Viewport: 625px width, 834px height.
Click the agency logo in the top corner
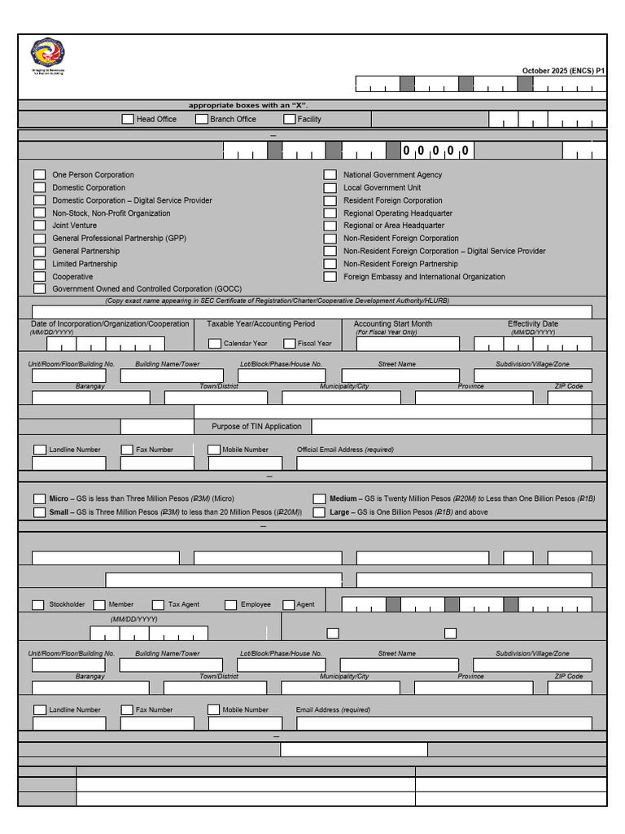[48, 53]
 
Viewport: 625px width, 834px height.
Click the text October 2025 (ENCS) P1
[563, 71]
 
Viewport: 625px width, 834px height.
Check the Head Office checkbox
[128, 119]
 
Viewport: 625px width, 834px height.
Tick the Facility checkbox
[289, 119]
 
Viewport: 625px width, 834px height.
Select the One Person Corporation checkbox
[39, 174]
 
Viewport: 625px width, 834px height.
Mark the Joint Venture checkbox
[39, 226]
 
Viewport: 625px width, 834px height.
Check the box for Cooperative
[39, 276]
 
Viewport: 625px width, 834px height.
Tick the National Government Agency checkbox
[330, 174]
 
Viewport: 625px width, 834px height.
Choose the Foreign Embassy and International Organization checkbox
[330, 276]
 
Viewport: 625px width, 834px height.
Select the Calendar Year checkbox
[215, 344]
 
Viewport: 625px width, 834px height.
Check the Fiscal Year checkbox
[289, 344]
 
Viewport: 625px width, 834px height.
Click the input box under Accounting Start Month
[407, 344]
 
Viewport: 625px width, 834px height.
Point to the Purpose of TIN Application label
[256, 426]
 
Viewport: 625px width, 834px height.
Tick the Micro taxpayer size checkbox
[39, 498]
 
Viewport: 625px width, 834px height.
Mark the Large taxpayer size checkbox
[320, 512]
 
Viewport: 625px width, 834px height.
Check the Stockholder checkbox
[38, 604]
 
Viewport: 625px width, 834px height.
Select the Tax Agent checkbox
[158, 604]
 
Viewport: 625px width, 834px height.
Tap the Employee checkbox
[231, 604]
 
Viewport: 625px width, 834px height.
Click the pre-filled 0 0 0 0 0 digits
[436, 151]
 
